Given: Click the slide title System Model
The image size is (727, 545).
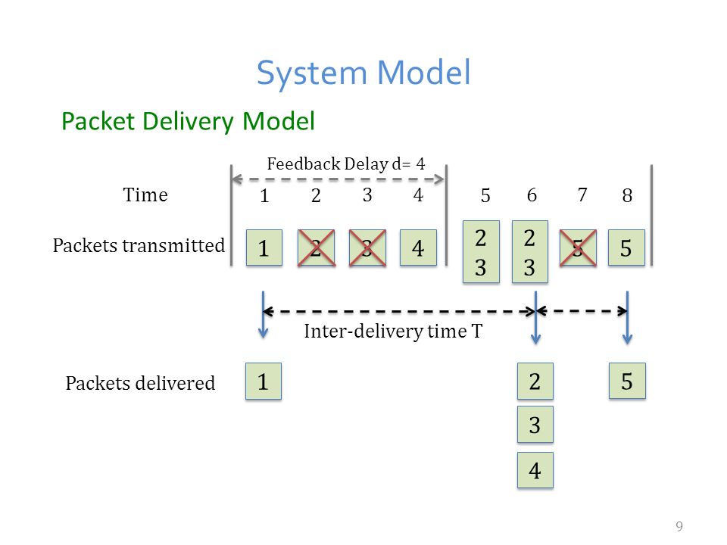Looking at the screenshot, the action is [364, 73].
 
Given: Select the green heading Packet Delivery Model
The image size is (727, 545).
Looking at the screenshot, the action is [189, 121].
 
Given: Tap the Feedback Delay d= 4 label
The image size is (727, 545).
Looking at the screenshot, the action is [346, 163].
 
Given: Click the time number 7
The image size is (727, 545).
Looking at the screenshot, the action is [582, 195].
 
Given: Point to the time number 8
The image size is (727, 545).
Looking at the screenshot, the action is [627, 195].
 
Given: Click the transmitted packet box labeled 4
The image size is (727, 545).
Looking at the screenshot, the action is [418, 248].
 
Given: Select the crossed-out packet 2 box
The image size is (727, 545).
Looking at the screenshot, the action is [317, 248].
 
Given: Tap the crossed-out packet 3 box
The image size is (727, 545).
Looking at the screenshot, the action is [367, 248].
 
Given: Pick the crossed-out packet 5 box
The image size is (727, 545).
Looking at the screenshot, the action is [578, 248].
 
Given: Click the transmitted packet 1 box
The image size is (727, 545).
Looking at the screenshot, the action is [264, 248].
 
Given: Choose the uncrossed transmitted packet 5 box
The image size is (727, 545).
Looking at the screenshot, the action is [626, 248].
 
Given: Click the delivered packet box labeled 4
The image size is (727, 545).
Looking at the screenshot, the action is [535, 470].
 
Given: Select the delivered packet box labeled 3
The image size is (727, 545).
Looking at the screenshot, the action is [535, 425].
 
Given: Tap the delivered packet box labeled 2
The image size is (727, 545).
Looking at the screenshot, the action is [535, 381].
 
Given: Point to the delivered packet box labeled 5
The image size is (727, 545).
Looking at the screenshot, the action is [627, 381].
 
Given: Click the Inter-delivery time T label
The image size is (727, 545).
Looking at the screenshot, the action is [393, 331].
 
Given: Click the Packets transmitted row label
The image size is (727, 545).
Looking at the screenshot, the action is [139, 245].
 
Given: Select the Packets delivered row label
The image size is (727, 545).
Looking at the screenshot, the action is [140, 383].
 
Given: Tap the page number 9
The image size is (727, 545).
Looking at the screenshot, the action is [679, 526].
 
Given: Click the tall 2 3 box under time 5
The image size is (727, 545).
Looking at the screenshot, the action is [482, 251].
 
